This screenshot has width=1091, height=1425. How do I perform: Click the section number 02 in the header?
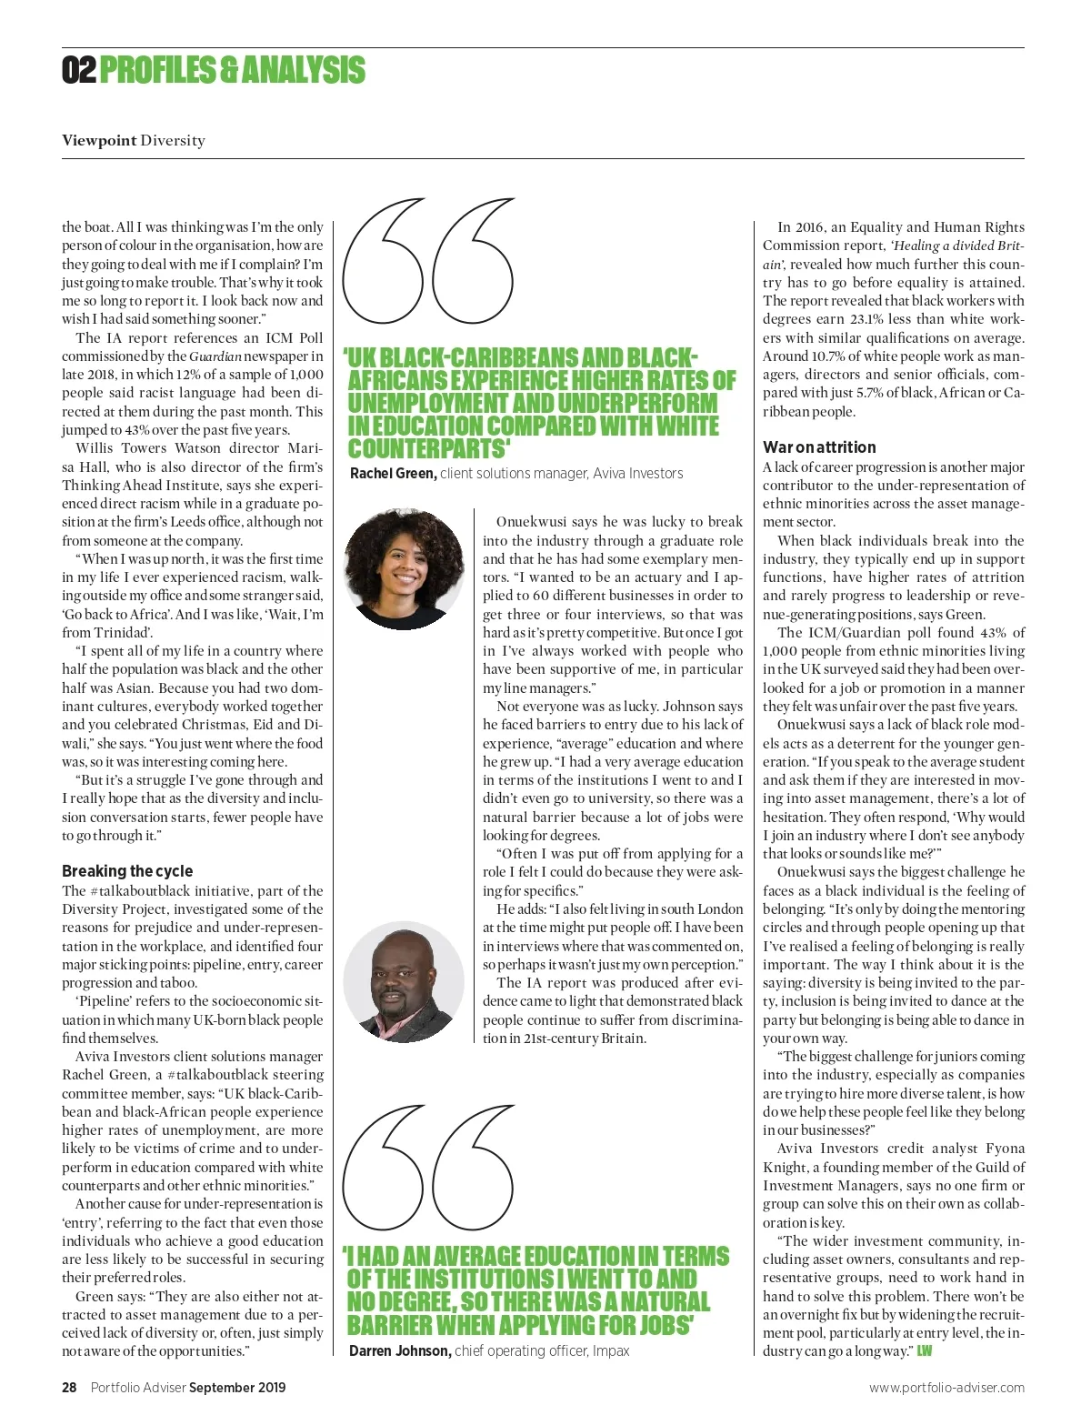click(78, 70)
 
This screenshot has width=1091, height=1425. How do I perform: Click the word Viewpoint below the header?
click(99, 140)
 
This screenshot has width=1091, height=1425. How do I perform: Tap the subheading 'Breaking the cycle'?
click(127, 870)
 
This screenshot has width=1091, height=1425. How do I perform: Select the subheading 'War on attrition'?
click(819, 447)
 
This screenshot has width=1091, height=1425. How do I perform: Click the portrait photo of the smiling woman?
click(405, 567)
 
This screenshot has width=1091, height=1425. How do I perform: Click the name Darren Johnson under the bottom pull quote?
click(399, 1350)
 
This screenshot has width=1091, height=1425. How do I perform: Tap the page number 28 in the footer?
click(70, 1387)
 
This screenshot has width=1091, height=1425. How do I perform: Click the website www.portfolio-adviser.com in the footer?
click(946, 1387)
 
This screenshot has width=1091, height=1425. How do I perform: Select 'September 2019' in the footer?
click(237, 1387)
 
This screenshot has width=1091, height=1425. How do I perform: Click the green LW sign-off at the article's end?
click(924, 1350)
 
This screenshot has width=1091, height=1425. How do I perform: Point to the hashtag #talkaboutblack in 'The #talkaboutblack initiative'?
click(136, 890)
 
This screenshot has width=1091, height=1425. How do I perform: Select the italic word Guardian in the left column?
click(215, 356)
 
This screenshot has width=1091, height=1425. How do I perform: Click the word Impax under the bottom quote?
click(611, 1350)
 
